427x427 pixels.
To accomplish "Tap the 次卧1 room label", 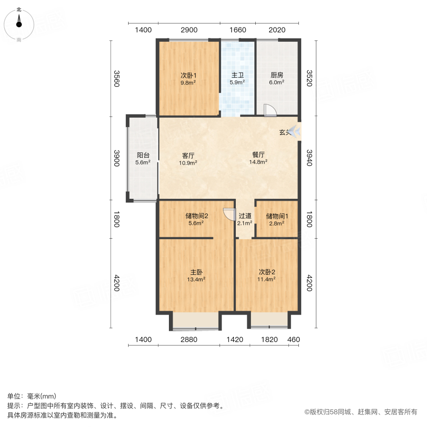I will pos(188,78).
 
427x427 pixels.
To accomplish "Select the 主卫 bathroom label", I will pos(238,78).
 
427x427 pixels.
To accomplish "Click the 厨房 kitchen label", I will pos(277,78).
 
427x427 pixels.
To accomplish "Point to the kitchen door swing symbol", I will pos(269,110).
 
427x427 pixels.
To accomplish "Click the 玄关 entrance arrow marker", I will pos(294,131).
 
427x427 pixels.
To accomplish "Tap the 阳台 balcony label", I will pos(143,158).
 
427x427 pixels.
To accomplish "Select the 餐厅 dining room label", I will pos(258,158).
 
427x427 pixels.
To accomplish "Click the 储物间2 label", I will pos(196,219).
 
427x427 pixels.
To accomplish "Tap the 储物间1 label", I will pos(277,219).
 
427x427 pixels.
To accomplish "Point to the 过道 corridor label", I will pos(245,219).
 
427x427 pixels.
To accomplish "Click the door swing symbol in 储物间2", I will pos(229,214).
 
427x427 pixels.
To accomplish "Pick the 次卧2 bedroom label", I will pos(267,276).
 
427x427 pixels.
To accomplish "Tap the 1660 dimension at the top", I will pos(238,30).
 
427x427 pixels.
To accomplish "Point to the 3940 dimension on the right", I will pos(309,158).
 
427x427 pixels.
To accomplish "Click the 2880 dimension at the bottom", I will pos(189,339).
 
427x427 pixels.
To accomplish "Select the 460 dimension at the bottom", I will pos(294,339).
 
